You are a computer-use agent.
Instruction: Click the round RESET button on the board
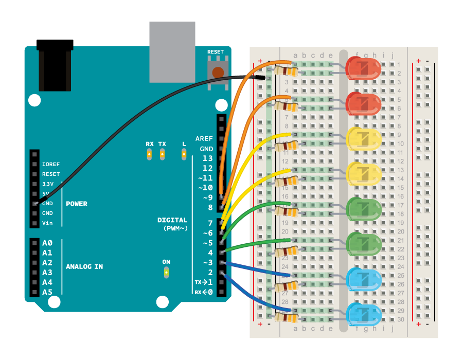coord(218,73)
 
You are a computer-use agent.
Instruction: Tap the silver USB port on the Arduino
coord(172,52)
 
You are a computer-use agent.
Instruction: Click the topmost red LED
coord(363,68)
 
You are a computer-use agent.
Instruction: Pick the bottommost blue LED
coord(363,314)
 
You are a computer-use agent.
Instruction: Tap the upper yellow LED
coord(363,138)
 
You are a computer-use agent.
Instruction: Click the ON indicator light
coord(166,272)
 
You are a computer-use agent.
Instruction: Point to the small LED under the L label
coord(184,153)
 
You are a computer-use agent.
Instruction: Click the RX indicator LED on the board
coord(149,153)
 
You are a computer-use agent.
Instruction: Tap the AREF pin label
coord(204,139)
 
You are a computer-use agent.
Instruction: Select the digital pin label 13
coord(207,158)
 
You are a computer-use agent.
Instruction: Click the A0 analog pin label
coord(47,243)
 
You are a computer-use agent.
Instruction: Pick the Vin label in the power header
coord(47,223)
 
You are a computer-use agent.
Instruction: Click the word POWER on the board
coord(77,204)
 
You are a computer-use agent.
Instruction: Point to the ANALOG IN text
coord(84,266)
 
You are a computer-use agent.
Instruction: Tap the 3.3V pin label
coord(48,184)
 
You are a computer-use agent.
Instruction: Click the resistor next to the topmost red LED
coord(286,71)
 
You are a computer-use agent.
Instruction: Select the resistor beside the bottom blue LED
coord(286,317)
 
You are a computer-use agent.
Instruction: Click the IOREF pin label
coord(51,164)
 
